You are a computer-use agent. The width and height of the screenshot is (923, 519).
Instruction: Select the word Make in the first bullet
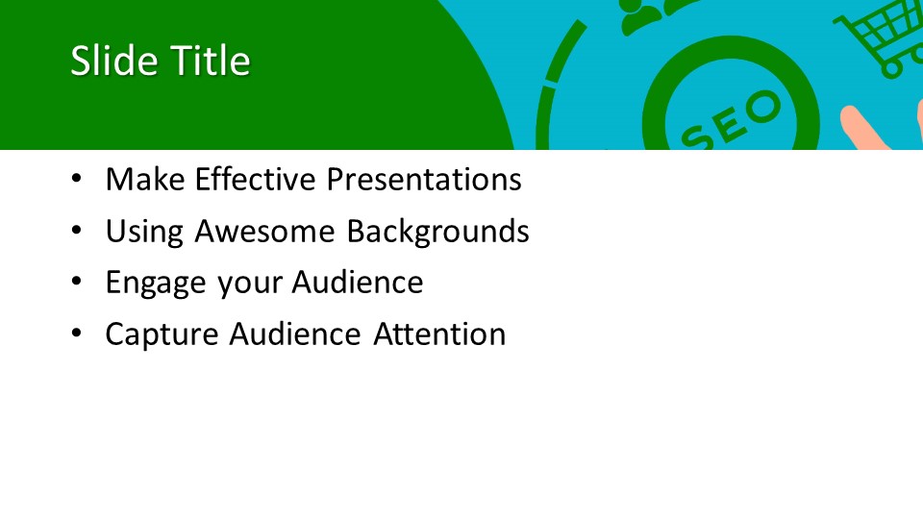click(x=145, y=179)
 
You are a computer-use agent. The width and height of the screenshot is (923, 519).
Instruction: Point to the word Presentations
click(x=424, y=179)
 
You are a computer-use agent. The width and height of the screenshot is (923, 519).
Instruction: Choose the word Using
click(x=144, y=232)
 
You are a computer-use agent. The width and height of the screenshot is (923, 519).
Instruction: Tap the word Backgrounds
click(x=438, y=231)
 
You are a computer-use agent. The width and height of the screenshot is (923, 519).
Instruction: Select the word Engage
click(x=156, y=283)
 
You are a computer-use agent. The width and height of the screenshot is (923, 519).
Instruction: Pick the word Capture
click(x=162, y=334)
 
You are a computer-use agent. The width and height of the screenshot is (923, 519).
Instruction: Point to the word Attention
click(x=439, y=334)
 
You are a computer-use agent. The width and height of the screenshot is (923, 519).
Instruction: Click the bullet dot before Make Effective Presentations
click(x=77, y=178)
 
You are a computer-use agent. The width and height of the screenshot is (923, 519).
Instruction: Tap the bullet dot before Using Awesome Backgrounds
click(x=77, y=230)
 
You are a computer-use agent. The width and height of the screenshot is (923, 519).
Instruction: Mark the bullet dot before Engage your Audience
click(x=77, y=282)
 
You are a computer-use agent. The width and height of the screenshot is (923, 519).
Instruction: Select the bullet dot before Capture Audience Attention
click(x=77, y=334)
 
